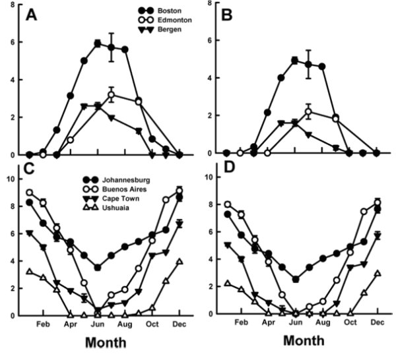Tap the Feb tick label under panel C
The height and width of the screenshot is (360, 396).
[43, 324]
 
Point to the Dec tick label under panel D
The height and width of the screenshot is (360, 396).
[376, 323]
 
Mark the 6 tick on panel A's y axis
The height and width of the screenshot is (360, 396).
[13, 40]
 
